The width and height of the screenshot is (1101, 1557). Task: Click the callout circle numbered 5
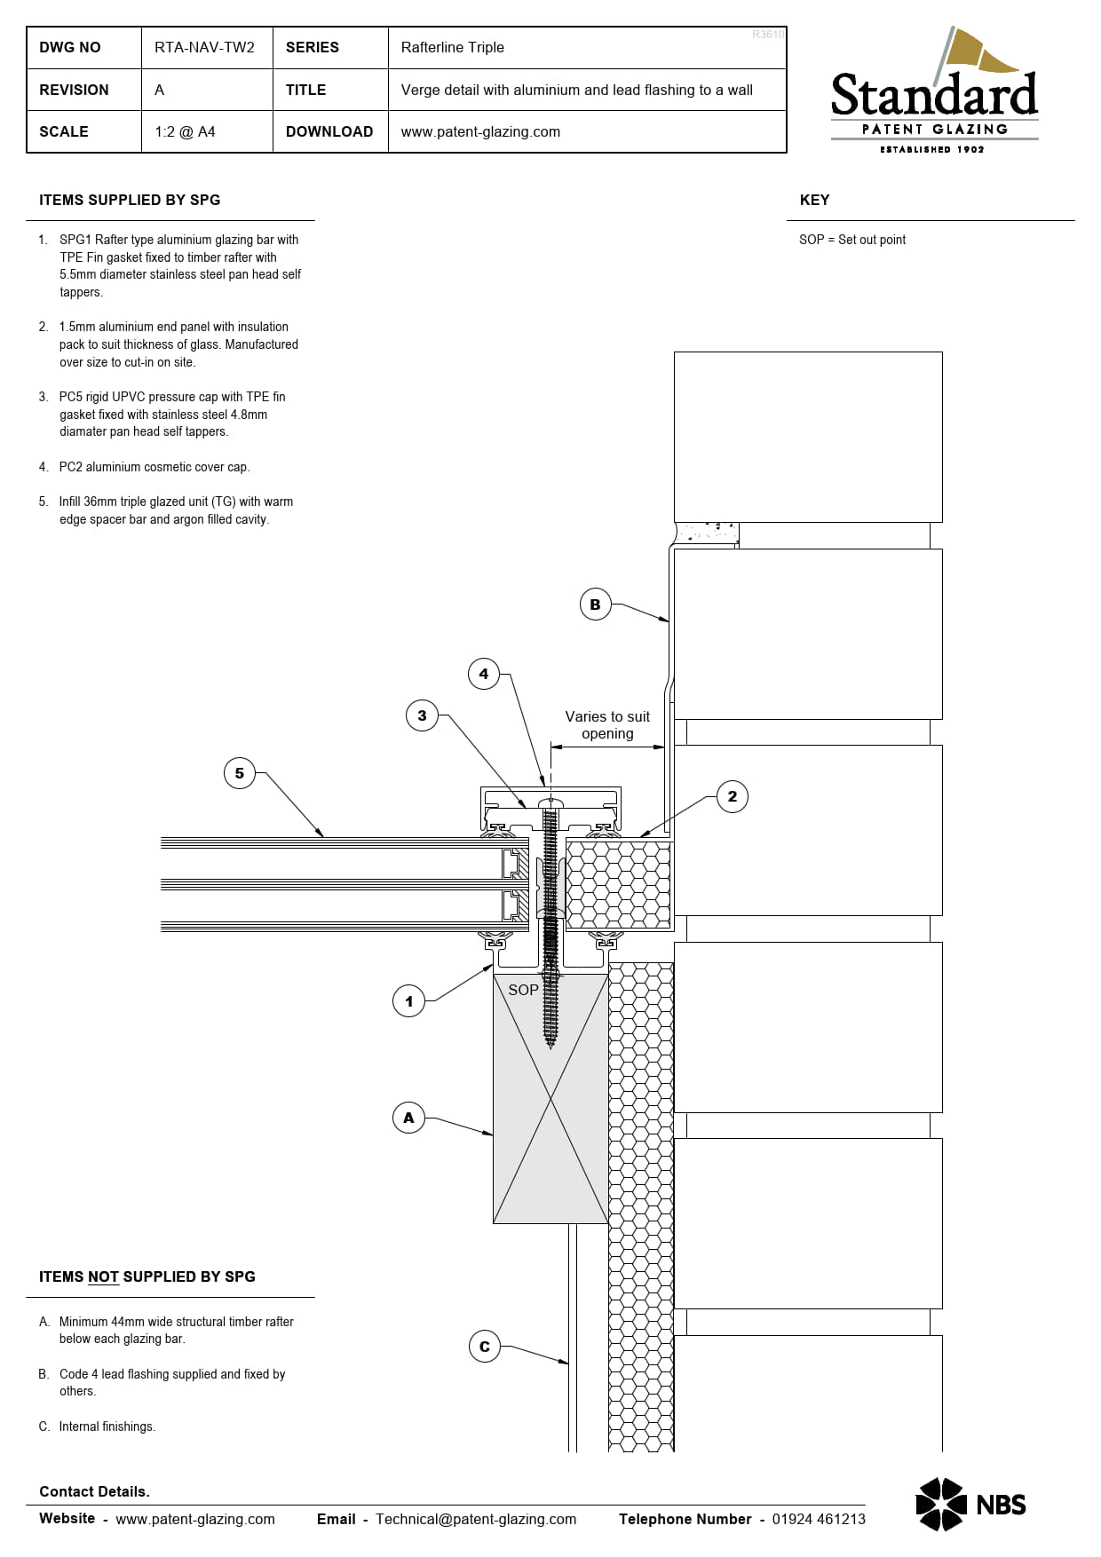pos(239,773)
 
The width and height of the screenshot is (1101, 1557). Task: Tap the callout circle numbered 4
pos(484,674)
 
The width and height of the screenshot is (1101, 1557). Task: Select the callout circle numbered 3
pos(422,715)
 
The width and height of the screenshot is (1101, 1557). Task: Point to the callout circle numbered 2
pos(733,796)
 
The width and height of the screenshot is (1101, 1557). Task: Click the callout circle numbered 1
pos(408,1001)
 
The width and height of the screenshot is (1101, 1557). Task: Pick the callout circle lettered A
pos(408,1118)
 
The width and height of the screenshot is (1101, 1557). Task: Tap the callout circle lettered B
pos(595,605)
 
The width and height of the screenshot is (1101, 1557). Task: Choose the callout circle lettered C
pos(484,1347)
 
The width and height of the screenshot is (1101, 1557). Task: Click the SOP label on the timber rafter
pos(524,990)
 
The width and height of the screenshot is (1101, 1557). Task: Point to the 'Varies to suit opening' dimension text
pos(607,725)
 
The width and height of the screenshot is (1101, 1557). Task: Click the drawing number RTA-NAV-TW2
pos(204,47)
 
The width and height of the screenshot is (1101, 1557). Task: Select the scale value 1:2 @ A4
pos(185,131)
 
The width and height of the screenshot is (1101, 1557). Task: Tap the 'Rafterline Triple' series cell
pos(452,47)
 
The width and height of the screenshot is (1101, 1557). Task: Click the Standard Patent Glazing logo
pos(934,91)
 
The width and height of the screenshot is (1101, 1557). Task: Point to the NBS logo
pos(970,1505)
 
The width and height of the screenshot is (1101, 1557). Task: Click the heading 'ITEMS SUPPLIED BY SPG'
pos(130,200)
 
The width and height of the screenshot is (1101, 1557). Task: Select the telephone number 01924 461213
pos(819,1519)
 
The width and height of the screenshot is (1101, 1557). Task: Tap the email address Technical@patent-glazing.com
pos(476,1519)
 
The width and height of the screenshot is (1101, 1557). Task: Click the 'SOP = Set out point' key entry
pos(852,240)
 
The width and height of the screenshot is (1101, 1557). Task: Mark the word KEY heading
pos(814,200)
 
